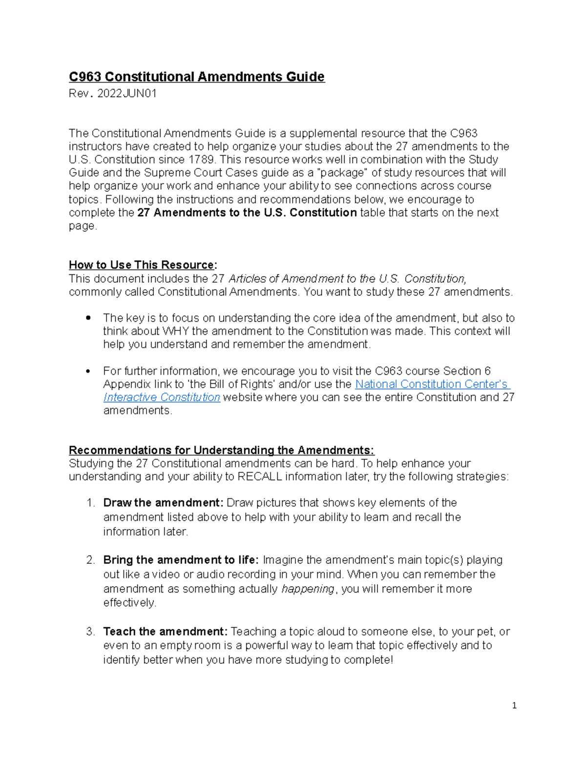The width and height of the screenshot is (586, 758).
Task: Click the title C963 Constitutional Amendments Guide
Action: [196, 77]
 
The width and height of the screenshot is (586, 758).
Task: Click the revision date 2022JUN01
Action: [127, 94]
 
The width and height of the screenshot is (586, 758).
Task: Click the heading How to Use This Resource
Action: [142, 265]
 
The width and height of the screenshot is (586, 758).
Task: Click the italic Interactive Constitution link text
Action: [162, 397]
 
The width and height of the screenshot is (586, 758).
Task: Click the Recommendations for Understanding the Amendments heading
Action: [221, 450]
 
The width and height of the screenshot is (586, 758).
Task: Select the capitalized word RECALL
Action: [259, 477]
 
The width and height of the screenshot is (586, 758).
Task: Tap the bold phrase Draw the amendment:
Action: [163, 503]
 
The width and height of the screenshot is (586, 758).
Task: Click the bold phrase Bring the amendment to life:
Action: [181, 560]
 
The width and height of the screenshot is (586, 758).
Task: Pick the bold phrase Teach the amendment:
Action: [165, 632]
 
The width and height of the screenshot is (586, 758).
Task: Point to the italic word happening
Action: [308, 589]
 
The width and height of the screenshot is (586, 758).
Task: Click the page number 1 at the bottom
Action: [514, 705]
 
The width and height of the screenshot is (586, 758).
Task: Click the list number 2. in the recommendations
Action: [90, 560]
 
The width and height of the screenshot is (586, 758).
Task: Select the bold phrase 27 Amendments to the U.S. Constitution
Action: [247, 213]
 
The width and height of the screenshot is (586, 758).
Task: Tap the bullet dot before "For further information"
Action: [88, 371]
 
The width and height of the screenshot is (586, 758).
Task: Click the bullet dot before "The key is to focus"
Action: [88, 318]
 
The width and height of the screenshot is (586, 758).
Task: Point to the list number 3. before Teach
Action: [90, 632]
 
